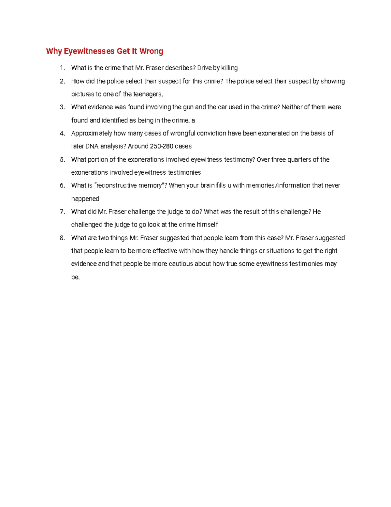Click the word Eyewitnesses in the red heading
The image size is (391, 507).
(x=89, y=51)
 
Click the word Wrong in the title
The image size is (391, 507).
(x=151, y=51)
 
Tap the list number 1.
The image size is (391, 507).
(x=62, y=68)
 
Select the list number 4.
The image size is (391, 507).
(x=62, y=133)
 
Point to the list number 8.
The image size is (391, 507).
(x=62, y=238)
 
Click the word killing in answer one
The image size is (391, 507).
(x=229, y=68)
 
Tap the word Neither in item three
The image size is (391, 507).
(x=292, y=107)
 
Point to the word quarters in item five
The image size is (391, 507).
(x=299, y=160)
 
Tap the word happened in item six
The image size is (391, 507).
(x=85, y=199)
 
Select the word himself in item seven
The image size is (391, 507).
(x=207, y=225)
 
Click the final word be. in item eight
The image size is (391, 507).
(x=75, y=277)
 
